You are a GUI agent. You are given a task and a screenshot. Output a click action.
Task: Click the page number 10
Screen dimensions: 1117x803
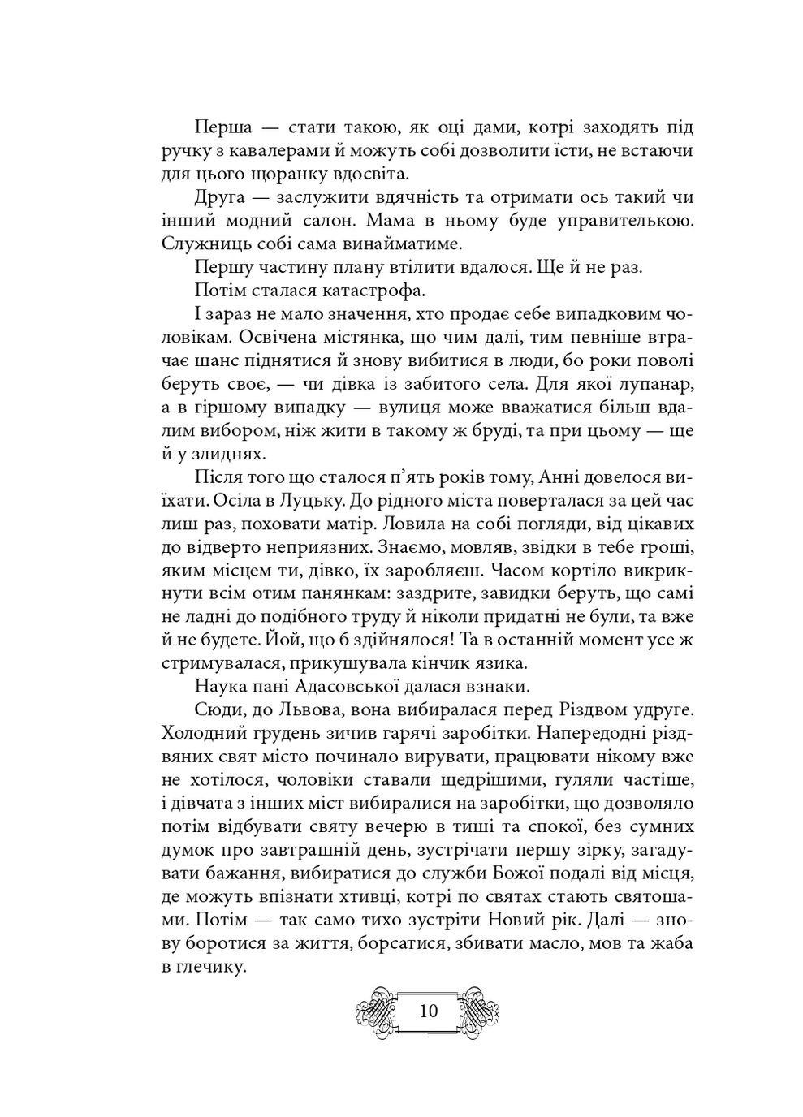[428, 1011]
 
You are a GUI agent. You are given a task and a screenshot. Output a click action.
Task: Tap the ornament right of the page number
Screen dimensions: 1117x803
[481, 1011]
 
